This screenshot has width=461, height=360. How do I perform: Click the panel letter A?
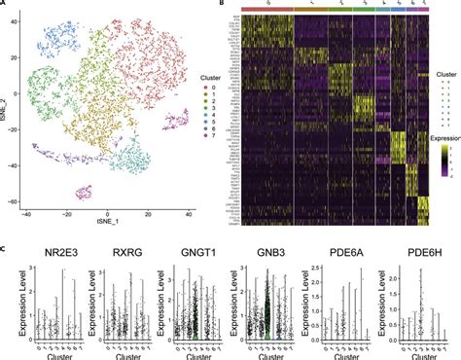point(4,5)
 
